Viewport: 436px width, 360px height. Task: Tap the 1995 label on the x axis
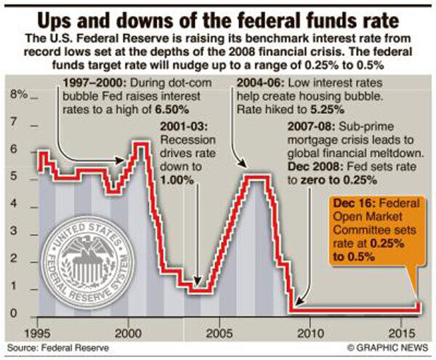(x=37, y=332)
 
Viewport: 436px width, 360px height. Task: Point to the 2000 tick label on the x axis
(x=127, y=332)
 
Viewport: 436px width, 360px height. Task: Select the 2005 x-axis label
(x=219, y=332)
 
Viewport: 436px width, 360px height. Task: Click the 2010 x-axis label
(x=310, y=332)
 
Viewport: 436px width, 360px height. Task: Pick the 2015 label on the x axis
(x=400, y=332)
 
